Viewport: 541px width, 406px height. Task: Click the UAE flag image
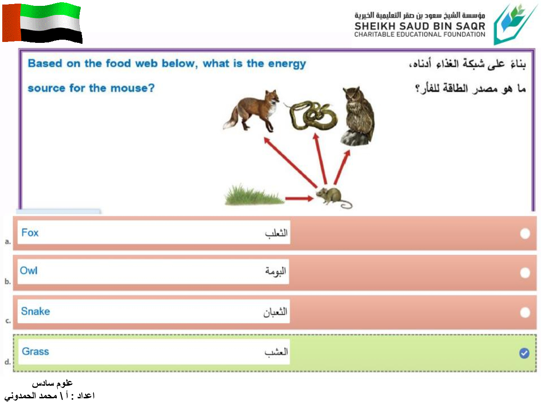click(42, 23)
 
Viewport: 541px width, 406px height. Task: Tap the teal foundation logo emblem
click(515, 24)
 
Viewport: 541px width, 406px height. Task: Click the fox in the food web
click(251, 111)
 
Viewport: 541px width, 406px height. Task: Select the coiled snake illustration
click(311, 115)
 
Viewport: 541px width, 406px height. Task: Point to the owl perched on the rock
click(358, 116)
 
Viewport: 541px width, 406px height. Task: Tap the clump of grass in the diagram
click(254, 195)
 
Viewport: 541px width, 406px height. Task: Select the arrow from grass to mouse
click(299, 198)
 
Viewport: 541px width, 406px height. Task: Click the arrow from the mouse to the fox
click(290, 162)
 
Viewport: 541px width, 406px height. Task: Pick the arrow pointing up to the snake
click(321, 159)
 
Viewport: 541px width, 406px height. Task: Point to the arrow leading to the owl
click(342, 167)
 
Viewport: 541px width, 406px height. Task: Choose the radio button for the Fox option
click(525, 234)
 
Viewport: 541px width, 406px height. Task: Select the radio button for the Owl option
click(525, 273)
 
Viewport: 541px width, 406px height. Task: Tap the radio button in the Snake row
click(525, 313)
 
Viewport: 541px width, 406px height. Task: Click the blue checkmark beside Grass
click(524, 353)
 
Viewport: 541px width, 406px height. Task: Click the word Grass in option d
click(36, 351)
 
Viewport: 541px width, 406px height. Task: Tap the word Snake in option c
click(36, 311)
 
